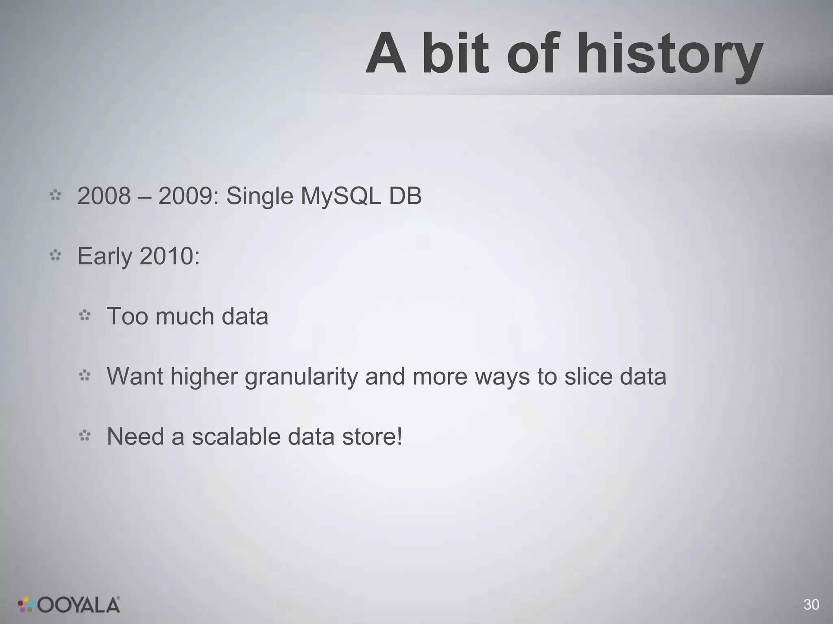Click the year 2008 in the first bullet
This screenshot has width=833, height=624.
[x=104, y=196]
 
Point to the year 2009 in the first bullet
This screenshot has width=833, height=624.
[x=185, y=196]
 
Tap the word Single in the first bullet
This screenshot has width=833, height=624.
[x=259, y=197]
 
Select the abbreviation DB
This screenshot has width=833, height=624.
[x=406, y=196]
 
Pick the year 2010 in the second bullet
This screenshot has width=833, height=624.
[x=169, y=256]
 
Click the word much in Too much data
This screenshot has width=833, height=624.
[x=185, y=316]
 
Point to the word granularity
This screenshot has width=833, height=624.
[x=301, y=377]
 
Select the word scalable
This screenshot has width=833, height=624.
[x=236, y=436]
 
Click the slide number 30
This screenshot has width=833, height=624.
[x=811, y=605]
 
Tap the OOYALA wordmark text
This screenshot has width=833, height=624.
[x=79, y=605]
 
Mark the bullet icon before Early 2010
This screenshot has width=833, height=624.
[x=55, y=256]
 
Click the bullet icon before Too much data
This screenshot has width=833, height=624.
[x=85, y=315]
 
